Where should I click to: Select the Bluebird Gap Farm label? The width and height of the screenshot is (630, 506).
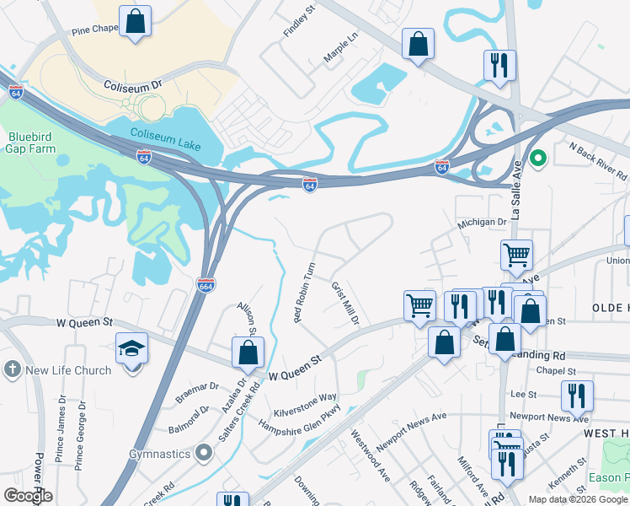click(32, 143)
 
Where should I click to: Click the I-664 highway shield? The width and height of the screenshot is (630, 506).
click(205, 285)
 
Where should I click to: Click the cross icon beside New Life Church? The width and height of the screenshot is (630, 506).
click(12, 370)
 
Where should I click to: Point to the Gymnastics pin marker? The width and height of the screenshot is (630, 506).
click(202, 454)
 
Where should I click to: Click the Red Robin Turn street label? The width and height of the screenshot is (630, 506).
click(303, 292)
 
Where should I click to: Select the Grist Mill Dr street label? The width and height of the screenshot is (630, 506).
click(345, 304)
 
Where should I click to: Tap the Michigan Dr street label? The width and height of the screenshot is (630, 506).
click(482, 223)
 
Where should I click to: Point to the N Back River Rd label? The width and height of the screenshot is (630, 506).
click(598, 160)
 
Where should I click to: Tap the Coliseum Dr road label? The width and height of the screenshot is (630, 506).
click(132, 86)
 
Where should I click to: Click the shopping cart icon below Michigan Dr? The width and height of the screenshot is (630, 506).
click(515, 254)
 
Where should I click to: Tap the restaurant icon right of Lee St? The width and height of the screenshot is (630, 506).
click(577, 395)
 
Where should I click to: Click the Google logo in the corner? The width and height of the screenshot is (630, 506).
click(28, 495)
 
